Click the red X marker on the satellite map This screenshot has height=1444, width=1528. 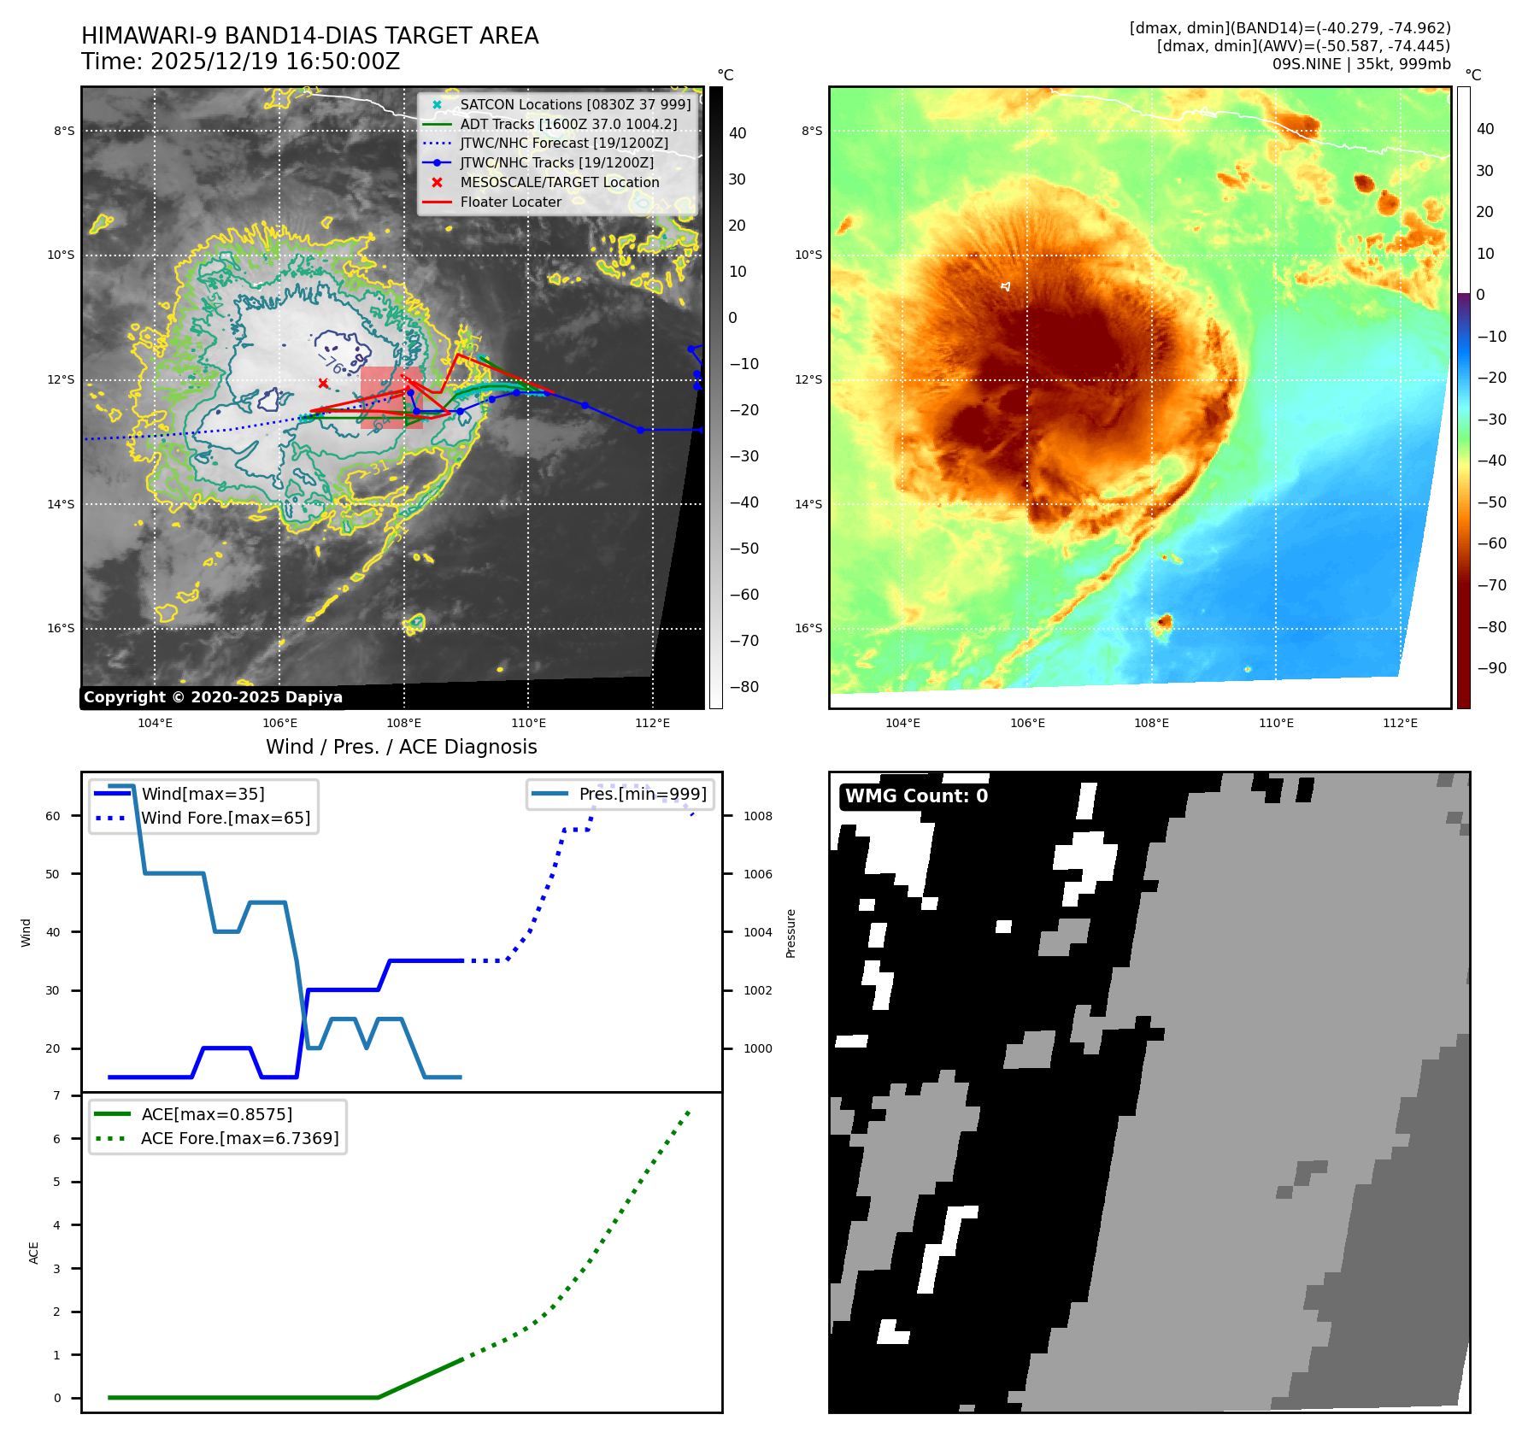pyautogui.click(x=323, y=384)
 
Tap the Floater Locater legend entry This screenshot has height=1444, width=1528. pyautogui.click(x=510, y=202)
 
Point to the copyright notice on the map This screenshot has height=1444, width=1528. pyautogui.click(x=213, y=697)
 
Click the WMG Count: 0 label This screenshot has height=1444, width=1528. pyautogui.click(x=916, y=796)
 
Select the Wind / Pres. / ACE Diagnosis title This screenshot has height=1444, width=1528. pyautogui.click(x=401, y=747)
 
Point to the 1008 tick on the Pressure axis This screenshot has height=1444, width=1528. pyautogui.click(x=757, y=816)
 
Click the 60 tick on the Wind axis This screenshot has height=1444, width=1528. pyautogui.click(x=53, y=816)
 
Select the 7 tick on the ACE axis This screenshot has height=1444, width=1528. pyautogui.click(x=57, y=1095)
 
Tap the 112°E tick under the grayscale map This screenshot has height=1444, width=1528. pyautogui.click(x=652, y=723)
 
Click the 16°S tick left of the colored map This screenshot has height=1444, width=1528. pyautogui.click(x=808, y=628)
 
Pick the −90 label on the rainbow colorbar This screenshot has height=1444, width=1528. pyautogui.click(x=1492, y=668)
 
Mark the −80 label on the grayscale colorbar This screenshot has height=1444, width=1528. pyautogui.click(x=744, y=687)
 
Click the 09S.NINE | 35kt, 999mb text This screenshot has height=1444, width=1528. pyautogui.click(x=1361, y=64)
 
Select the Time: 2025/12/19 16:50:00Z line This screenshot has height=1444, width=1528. pyautogui.click(x=240, y=62)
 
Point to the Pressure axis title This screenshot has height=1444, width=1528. pyautogui.click(x=790, y=933)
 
